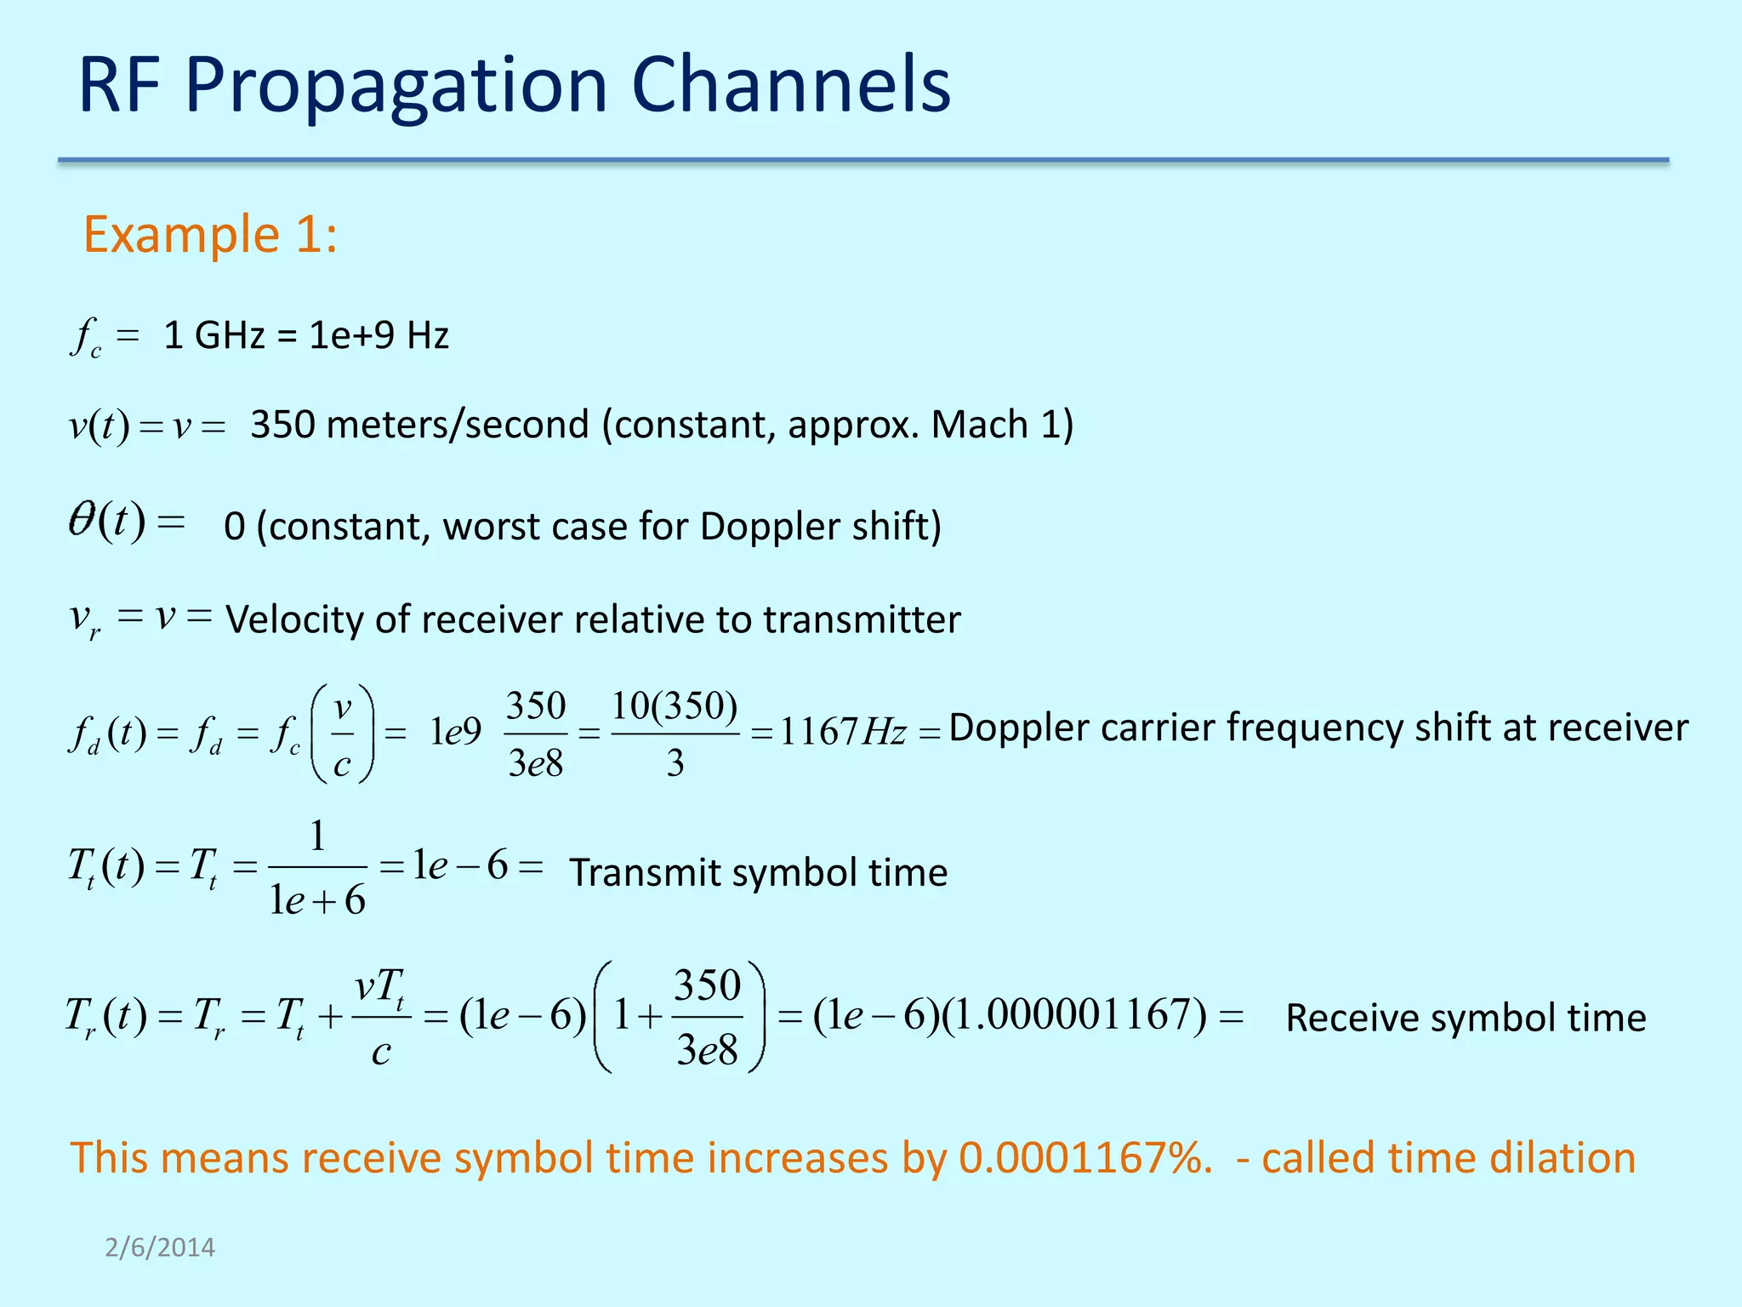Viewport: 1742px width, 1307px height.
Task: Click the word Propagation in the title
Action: (396, 85)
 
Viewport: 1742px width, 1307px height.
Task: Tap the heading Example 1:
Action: (210, 235)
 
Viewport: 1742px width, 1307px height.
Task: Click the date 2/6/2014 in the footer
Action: (160, 1247)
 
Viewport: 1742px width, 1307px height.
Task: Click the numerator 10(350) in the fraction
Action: (675, 706)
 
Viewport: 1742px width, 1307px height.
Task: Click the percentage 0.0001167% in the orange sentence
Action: (1085, 1159)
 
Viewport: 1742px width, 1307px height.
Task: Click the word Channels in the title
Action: (790, 85)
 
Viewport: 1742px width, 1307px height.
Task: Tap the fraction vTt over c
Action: (380, 1018)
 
